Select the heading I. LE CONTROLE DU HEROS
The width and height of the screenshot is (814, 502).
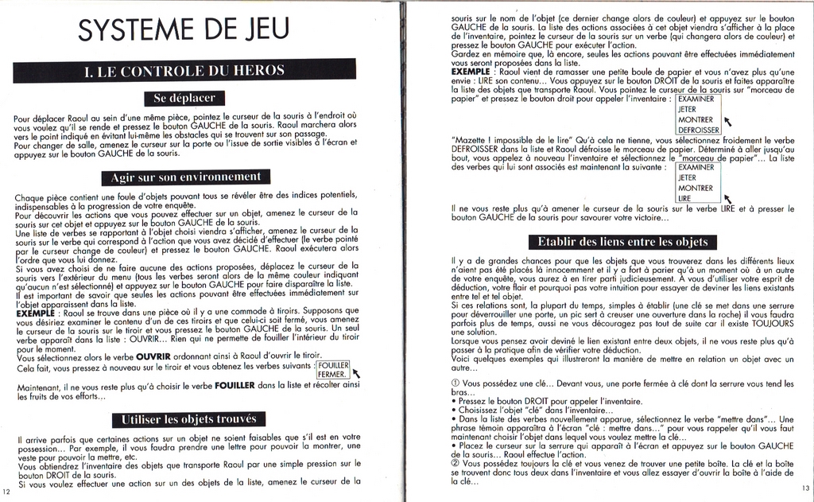pyautogui.click(x=184, y=71)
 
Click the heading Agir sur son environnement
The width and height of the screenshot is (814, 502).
pyautogui.click(x=185, y=177)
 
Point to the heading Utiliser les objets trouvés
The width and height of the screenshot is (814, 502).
pyautogui.click(x=188, y=418)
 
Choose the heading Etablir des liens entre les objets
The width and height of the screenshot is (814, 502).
pyautogui.click(x=622, y=241)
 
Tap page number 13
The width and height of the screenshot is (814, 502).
pyautogui.click(x=805, y=488)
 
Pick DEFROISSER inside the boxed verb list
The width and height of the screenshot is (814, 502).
pyautogui.click(x=699, y=130)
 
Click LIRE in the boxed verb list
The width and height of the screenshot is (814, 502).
pyautogui.click(x=684, y=198)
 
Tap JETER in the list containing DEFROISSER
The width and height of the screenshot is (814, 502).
pyautogui.click(x=688, y=109)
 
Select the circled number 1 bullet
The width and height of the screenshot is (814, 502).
pyautogui.click(x=455, y=383)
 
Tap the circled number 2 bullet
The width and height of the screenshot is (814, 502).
pyautogui.click(x=455, y=463)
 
